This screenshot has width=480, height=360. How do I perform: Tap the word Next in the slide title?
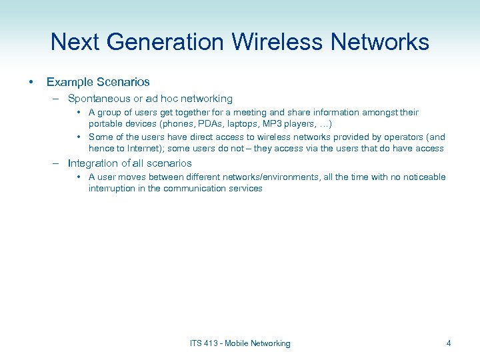75,42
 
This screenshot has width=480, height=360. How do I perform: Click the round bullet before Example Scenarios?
31,82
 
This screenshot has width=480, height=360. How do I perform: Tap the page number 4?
449,343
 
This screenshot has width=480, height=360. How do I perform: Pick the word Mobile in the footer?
237,343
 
